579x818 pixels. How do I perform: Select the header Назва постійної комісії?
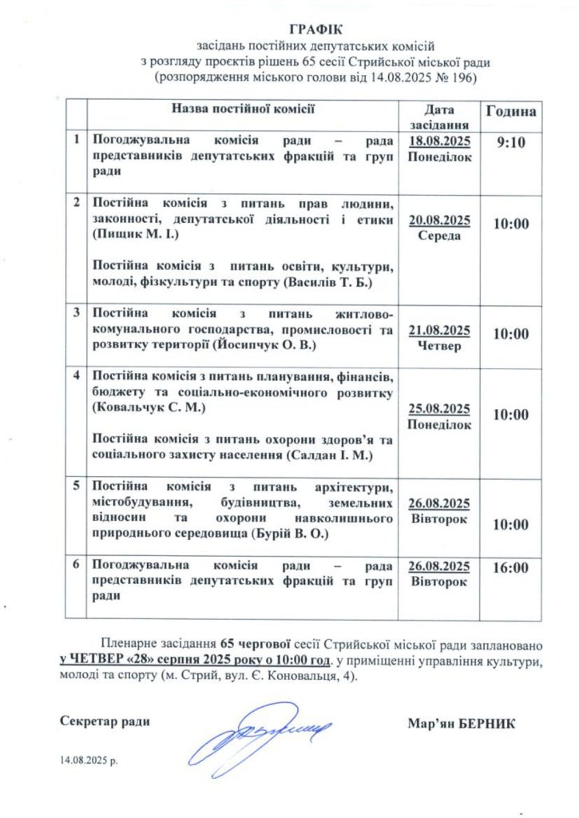click(244, 107)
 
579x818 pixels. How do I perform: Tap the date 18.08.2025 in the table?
click(439, 141)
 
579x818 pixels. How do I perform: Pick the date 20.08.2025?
click(439, 220)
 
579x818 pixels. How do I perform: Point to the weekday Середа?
click(438, 236)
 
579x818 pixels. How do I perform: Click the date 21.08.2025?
click(439, 331)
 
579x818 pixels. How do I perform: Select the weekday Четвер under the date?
click(438, 346)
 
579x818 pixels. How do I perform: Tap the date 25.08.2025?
click(439, 409)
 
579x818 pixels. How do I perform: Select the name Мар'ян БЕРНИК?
click(461, 723)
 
